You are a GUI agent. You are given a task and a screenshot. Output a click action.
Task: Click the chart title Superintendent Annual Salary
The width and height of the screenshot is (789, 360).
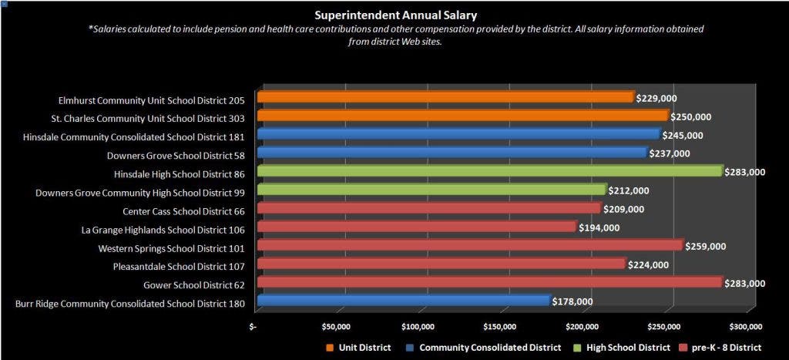395,15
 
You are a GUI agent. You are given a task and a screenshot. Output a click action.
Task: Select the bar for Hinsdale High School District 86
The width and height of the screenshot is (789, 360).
489,171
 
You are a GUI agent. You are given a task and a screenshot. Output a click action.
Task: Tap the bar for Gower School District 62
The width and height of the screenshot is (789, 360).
489,282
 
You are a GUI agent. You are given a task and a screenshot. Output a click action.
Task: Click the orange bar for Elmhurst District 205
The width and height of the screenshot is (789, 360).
445,97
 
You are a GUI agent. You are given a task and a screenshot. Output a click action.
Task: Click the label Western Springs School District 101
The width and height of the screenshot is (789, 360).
171,248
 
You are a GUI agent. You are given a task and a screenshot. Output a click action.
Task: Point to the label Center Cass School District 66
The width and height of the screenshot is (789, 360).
183,211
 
